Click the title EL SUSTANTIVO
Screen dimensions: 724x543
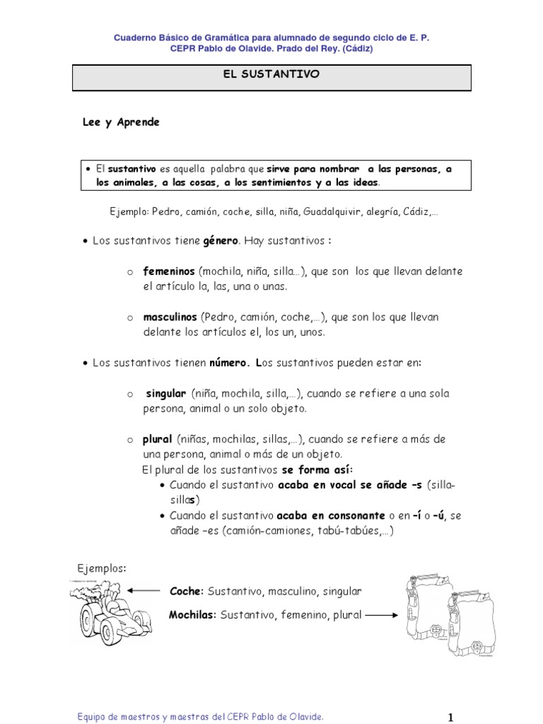tap(271, 74)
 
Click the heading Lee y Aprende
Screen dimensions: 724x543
tap(122, 122)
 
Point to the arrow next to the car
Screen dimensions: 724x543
tap(146, 590)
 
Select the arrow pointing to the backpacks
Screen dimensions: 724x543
tap(381, 615)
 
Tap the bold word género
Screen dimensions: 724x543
tap(220, 240)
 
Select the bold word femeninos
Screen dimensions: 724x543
tap(169, 271)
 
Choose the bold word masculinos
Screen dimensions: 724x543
tap(170, 317)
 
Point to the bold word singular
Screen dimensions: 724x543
tap(166, 393)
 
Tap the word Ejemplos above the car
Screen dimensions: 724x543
tap(102, 568)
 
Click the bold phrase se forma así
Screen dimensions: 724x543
tap(316, 469)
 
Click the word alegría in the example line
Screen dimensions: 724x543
tap(387, 211)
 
